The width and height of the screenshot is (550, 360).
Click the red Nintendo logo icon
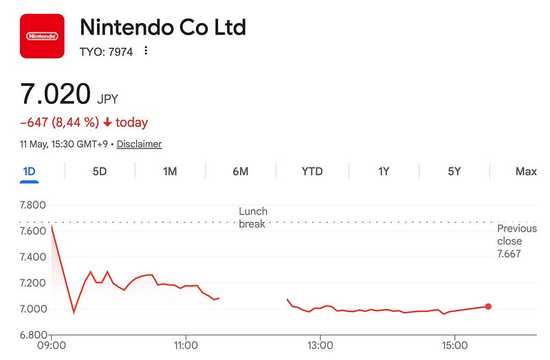pos(42,36)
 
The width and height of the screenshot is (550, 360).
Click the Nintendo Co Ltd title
pos(163,27)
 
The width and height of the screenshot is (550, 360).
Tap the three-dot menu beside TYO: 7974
pos(146,51)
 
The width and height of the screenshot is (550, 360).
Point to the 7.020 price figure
pos(56,93)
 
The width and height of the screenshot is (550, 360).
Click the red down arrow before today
pos(107,122)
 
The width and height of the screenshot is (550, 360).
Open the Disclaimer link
pos(139,144)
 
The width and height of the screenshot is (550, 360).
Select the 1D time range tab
pos(29,171)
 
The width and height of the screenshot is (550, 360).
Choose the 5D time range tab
pos(100,171)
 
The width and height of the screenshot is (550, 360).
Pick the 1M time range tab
pos(170,171)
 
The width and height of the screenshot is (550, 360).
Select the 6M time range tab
pos(241,171)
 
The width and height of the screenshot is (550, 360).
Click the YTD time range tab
pos(312,171)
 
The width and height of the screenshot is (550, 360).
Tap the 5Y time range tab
pos(454,171)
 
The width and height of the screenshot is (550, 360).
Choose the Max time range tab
pos(526,171)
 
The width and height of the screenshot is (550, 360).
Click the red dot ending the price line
pos(488,306)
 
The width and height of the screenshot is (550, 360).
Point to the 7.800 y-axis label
pos(32,205)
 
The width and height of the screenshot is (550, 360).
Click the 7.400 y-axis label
pos(32,257)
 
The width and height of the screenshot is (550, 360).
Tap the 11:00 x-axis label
pos(186,346)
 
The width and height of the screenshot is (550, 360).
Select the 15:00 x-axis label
pos(454,346)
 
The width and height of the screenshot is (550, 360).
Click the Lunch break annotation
pos(253,217)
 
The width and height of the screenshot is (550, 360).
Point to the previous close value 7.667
pos(509,254)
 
